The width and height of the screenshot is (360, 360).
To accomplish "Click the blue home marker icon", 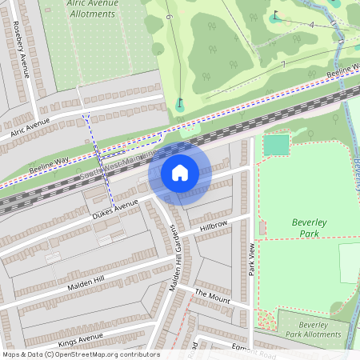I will (180, 173).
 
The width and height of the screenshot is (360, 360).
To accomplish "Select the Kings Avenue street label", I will (81, 338).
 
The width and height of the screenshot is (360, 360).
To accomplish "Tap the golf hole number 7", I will (282, 64).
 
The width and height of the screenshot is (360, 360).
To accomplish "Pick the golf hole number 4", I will (310, 25).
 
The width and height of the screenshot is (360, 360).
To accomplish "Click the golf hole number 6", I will (169, 16).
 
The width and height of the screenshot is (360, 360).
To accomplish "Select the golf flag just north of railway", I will (179, 103).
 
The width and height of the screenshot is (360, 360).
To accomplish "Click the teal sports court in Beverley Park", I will (276, 145).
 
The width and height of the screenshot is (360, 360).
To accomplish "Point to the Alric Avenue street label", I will (30, 125).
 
